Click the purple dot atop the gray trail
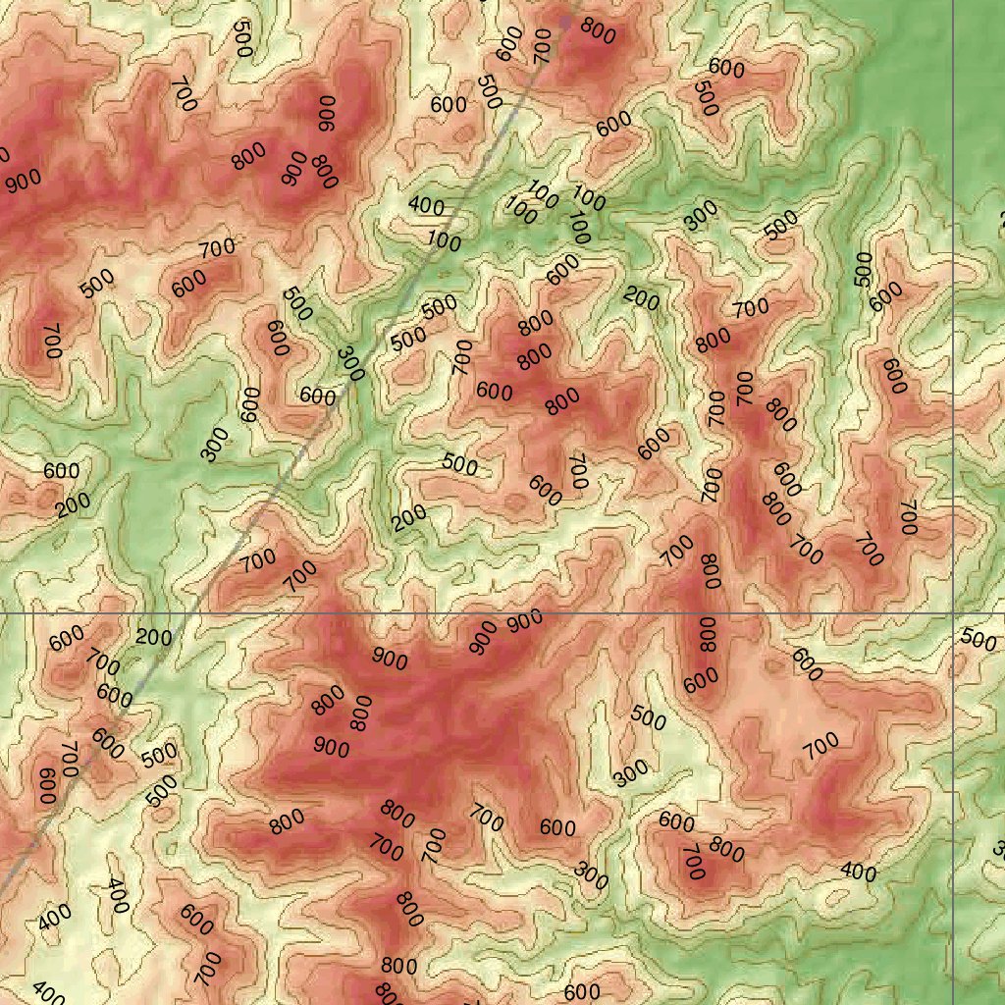tap(565, 21)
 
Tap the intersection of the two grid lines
tap(954, 614)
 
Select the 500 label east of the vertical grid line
tap(978, 639)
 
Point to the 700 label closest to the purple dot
tap(543, 47)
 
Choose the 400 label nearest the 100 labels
tap(426, 206)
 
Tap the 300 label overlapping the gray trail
tap(349, 364)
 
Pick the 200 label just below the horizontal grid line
tap(154, 637)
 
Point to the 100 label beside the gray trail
tap(445, 241)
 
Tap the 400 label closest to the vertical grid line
tap(858, 872)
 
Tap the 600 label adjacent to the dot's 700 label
tap(508, 43)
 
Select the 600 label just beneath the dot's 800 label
tap(613, 125)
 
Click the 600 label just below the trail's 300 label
tap(318, 397)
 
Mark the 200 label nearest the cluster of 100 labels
tap(641, 297)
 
